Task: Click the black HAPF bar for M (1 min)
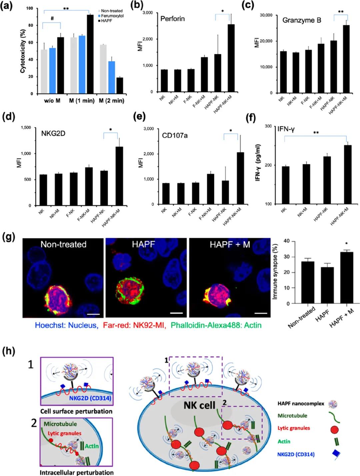(90, 54)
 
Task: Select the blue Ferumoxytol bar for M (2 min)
(112, 77)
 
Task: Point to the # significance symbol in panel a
(52, 19)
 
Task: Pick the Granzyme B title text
(302, 20)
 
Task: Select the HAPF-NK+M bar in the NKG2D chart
(119, 176)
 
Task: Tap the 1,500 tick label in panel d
(26, 128)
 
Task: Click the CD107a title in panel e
(175, 135)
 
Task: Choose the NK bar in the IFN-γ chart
(286, 185)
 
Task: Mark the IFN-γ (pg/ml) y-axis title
(258, 162)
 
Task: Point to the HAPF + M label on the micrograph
(230, 245)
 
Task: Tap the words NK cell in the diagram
(199, 406)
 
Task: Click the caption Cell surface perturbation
(76, 411)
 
